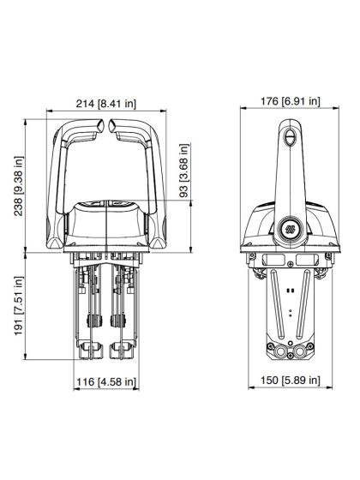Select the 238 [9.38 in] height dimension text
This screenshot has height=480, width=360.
(x=18, y=186)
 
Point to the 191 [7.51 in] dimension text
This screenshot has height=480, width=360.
(x=18, y=305)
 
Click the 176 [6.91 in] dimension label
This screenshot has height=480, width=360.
(x=290, y=101)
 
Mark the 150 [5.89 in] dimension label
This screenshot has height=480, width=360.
(x=290, y=380)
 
